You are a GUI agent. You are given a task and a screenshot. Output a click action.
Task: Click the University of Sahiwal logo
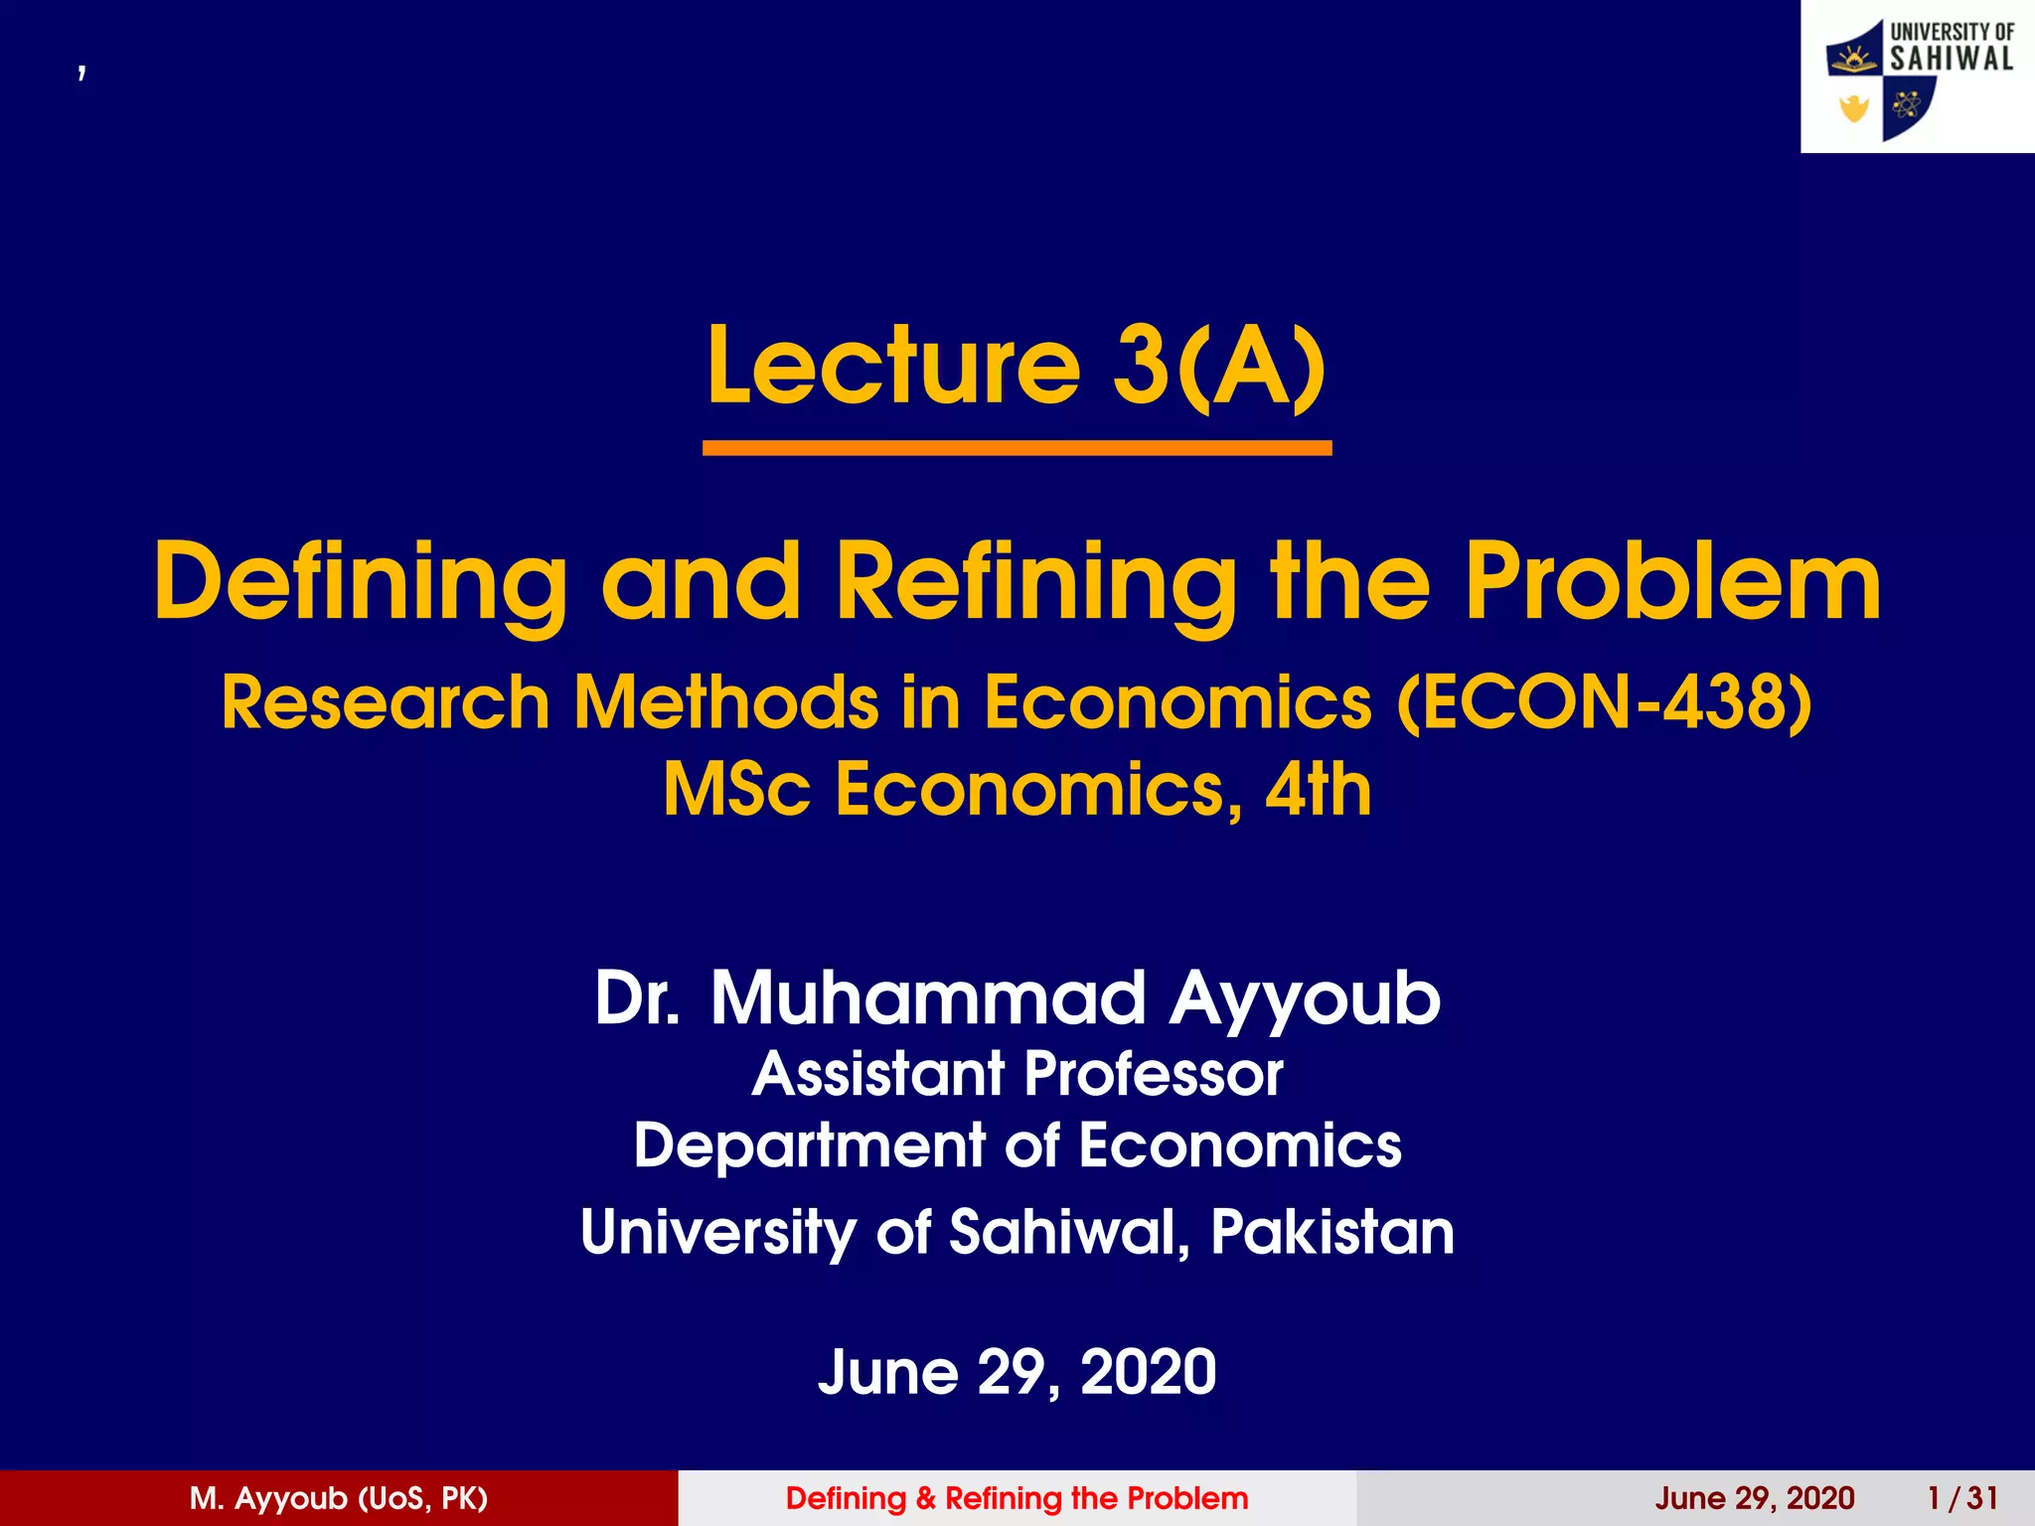click(x=1918, y=77)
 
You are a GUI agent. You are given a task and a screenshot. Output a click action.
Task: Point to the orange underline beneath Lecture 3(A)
click(x=1017, y=449)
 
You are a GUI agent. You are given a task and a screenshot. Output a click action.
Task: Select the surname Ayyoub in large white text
click(x=1305, y=999)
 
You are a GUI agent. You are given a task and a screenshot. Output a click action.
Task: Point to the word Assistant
click(x=878, y=1074)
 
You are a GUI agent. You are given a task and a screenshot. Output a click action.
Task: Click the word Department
click(x=809, y=1145)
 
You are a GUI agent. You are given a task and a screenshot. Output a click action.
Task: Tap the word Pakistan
click(x=1331, y=1232)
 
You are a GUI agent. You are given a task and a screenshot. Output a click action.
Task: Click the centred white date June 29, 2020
click(x=1017, y=1372)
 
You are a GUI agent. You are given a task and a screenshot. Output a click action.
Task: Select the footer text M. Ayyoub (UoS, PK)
click(x=339, y=1498)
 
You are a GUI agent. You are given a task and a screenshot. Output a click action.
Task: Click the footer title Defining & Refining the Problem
click(x=1017, y=1498)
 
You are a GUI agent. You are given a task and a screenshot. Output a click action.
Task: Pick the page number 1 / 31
click(x=1962, y=1498)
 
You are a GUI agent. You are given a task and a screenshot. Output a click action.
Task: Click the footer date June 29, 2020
click(x=1755, y=1498)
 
